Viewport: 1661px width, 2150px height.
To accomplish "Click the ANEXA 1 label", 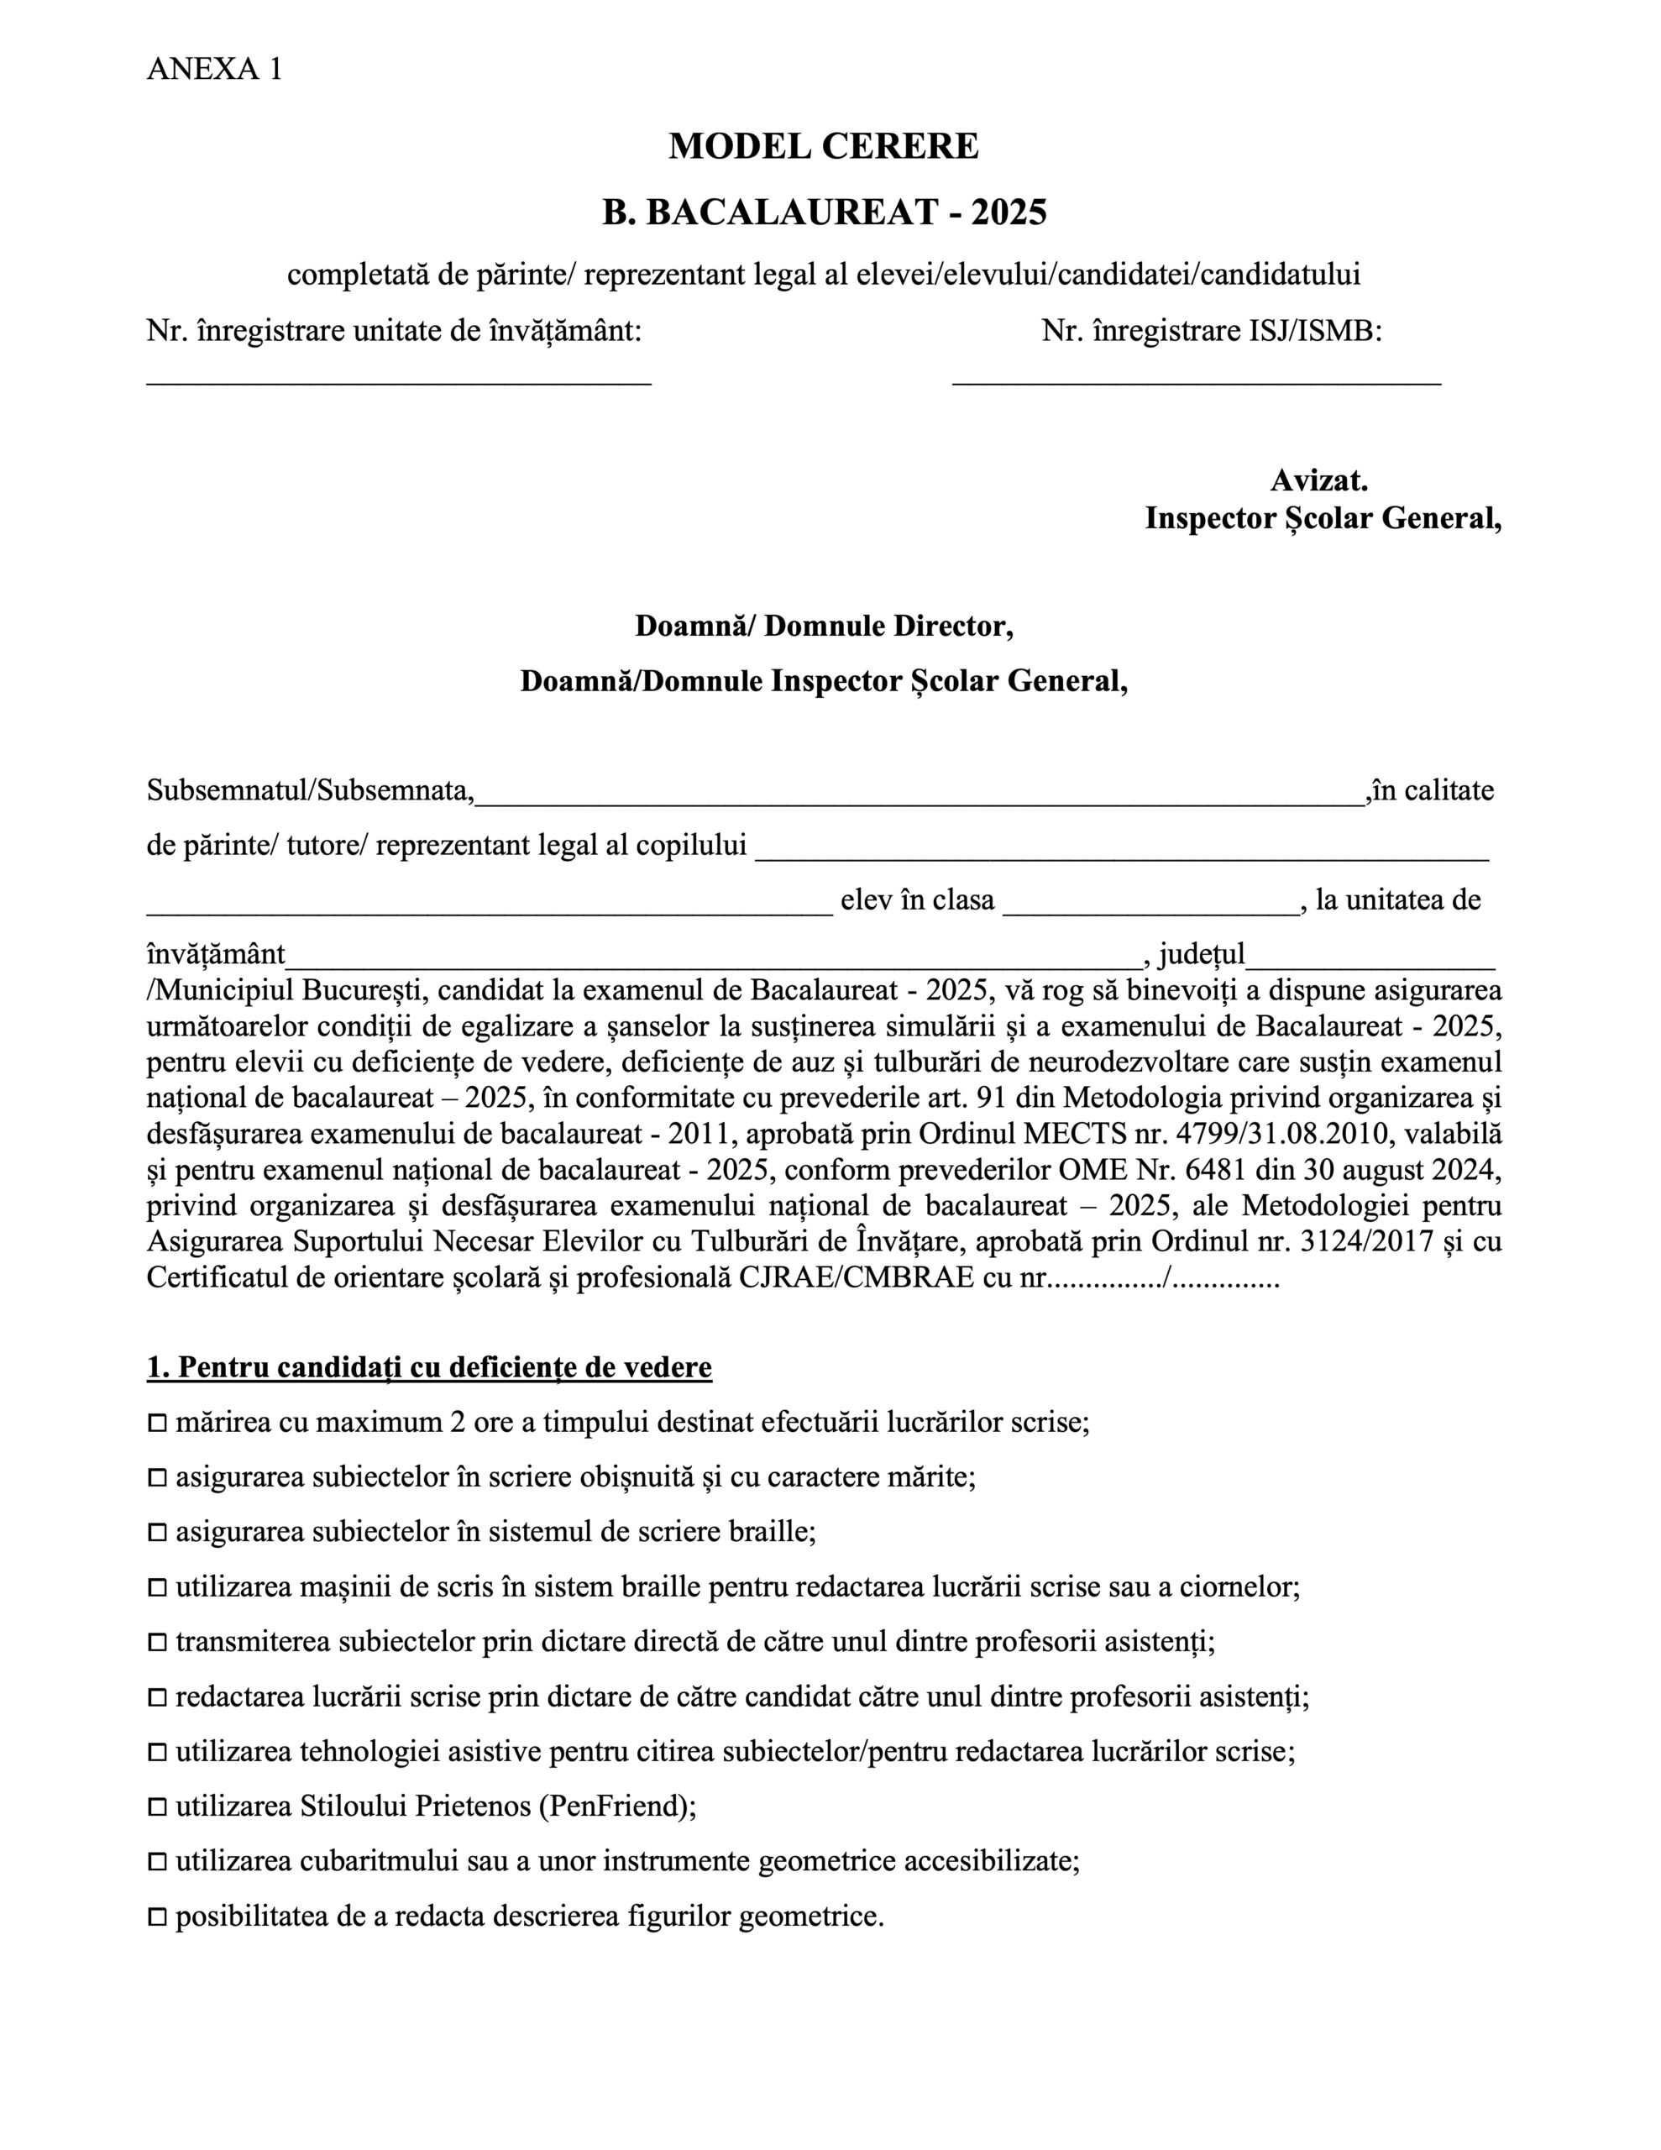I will (213, 69).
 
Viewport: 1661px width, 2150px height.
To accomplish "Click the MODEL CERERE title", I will (823, 147).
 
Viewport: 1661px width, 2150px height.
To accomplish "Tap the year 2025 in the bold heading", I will (1009, 212).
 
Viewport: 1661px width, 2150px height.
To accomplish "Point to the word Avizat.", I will (1318, 480).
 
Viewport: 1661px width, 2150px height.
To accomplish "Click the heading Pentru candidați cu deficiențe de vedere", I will (429, 1368).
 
